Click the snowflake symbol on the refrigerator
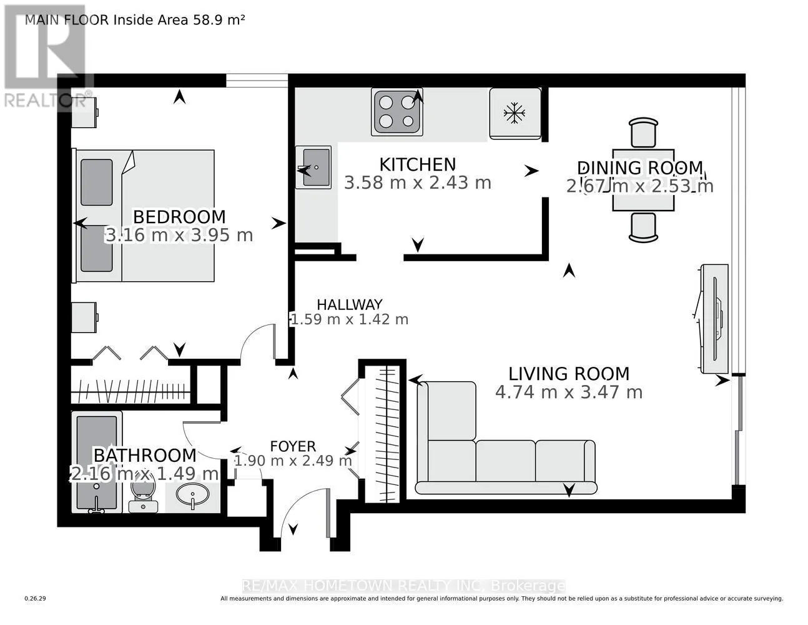(x=515, y=112)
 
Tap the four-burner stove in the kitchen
(x=397, y=112)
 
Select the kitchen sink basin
(x=316, y=167)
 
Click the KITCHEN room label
(x=418, y=164)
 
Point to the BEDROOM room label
(x=179, y=216)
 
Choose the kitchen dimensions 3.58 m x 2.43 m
(x=418, y=182)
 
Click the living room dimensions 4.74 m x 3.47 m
(x=569, y=392)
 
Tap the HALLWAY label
(x=350, y=305)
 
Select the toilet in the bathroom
(x=143, y=492)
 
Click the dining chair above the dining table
(x=643, y=132)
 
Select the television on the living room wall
(x=714, y=319)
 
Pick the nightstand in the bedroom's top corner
(x=84, y=112)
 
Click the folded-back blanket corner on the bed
(x=128, y=162)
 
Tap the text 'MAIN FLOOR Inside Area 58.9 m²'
(x=135, y=20)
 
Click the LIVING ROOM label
(x=569, y=374)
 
